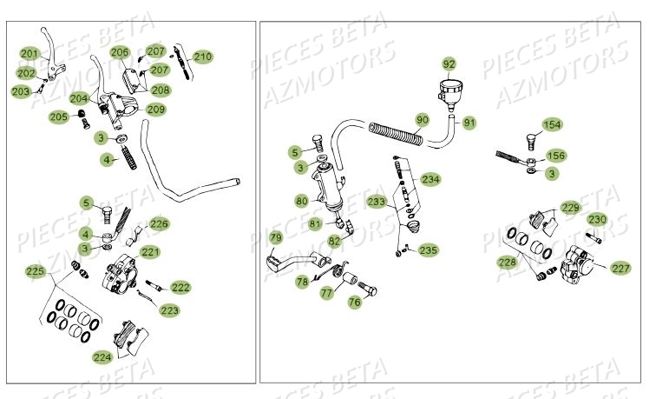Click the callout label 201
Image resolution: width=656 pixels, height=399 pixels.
pyautogui.click(x=29, y=54)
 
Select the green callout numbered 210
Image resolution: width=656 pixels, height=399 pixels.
pyautogui.click(x=202, y=57)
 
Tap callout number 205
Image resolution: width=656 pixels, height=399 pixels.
pyautogui.click(x=59, y=116)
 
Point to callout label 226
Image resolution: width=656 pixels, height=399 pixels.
pyautogui.click(x=160, y=223)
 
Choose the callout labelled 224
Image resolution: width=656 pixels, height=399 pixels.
pyautogui.click(x=102, y=356)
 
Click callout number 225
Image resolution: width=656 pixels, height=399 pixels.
pyautogui.click(x=35, y=272)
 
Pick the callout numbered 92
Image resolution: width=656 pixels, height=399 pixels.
pyautogui.click(x=449, y=64)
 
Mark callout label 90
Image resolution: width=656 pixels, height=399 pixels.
pyautogui.click(x=423, y=119)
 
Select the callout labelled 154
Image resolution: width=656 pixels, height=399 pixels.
pyautogui.click(x=553, y=125)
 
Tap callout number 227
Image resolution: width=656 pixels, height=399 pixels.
pyautogui.click(x=620, y=268)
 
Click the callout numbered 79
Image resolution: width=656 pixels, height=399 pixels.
pyautogui.click(x=275, y=237)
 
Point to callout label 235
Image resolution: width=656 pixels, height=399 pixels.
pyautogui.click(x=429, y=250)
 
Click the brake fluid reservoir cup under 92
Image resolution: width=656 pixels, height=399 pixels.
pyautogui.click(x=450, y=90)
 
